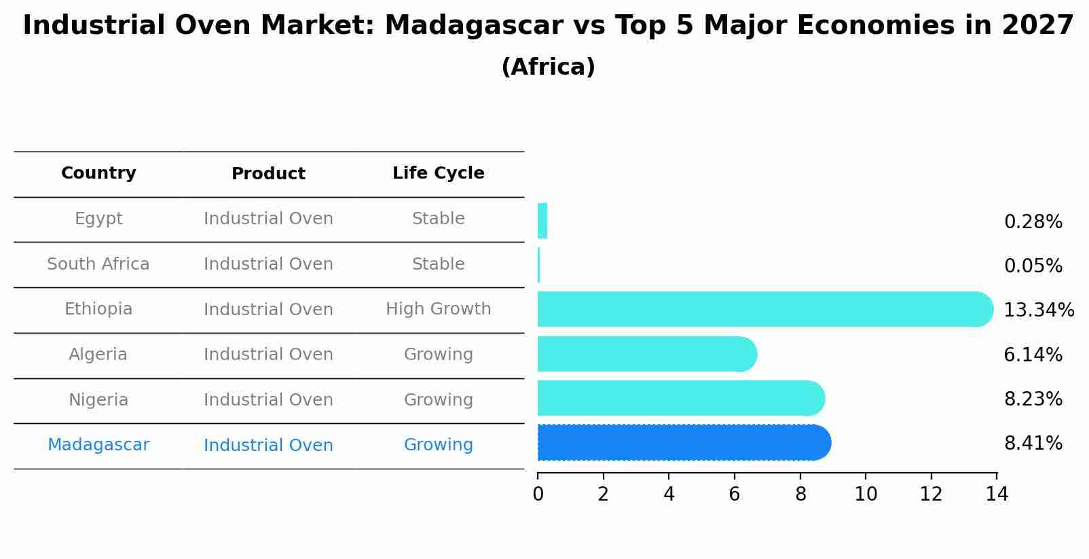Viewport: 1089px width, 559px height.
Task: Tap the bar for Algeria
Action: (x=645, y=354)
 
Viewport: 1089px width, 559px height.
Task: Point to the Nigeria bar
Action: (x=679, y=398)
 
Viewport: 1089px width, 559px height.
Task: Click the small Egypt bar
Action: (x=542, y=221)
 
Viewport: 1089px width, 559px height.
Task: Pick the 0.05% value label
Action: (x=1033, y=266)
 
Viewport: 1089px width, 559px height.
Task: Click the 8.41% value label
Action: (x=1033, y=444)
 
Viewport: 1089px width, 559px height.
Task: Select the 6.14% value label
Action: (x=1033, y=355)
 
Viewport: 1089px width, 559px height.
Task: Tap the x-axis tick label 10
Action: (x=866, y=494)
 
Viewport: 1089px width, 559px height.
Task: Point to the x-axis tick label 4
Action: (x=669, y=494)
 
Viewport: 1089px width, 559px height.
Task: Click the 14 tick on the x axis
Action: (x=997, y=494)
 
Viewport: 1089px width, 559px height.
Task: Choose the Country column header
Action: (x=98, y=173)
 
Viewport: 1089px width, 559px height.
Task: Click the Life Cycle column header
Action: (x=438, y=173)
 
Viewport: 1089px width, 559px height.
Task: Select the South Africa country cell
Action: (x=98, y=264)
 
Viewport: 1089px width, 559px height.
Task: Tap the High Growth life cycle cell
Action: (x=438, y=309)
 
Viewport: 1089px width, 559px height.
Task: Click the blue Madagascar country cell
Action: (x=98, y=445)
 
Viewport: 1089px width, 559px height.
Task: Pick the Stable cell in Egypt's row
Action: (x=438, y=219)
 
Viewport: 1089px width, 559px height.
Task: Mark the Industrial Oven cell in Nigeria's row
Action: (x=268, y=400)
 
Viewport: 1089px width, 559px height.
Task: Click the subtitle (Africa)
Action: (x=548, y=67)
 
